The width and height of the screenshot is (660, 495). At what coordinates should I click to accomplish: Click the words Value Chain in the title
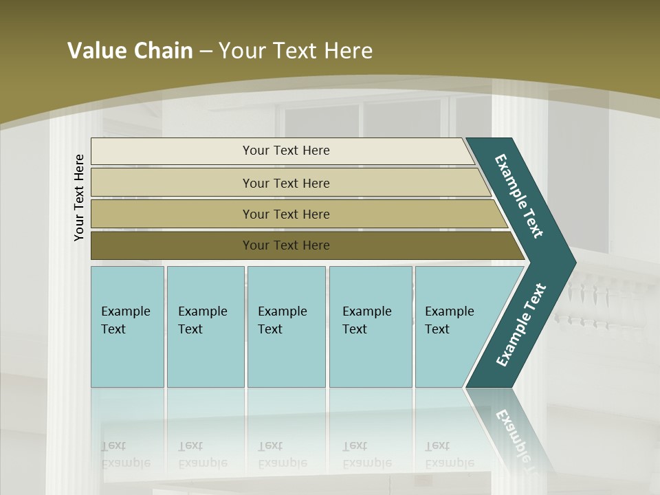click(130, 51)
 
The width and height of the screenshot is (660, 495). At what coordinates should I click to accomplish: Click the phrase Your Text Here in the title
click(296, 51)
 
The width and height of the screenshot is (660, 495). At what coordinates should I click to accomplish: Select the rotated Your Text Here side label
click(79, 197)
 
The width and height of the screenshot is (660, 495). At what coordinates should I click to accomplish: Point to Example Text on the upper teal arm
click(519, 196)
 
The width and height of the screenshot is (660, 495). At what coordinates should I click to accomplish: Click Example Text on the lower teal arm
click(520, 325)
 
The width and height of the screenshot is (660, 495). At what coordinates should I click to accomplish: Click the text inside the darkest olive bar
click(286, 245)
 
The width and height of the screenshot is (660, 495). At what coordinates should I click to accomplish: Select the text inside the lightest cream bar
click(286, 151)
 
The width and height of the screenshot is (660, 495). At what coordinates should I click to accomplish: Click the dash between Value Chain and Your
click(206, 52)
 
